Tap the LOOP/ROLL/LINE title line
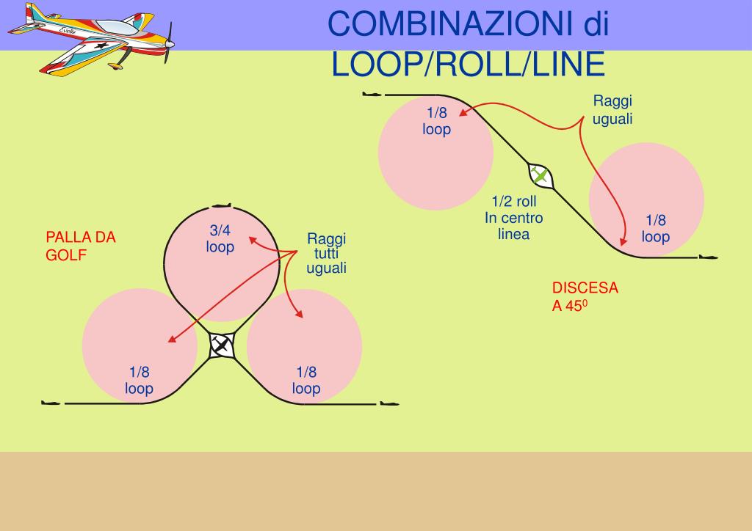point(468,65)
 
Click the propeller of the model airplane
point(170,43)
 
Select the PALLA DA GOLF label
point(81,246)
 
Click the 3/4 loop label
point(220,239)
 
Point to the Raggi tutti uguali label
point(326,253)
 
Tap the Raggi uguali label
point(612,110)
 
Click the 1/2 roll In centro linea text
point(513,218)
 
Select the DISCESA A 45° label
point(585,296)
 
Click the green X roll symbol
point(540,176)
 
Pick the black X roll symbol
point(221,345)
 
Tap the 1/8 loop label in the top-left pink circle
point(436,121)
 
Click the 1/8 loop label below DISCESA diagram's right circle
point(656,228)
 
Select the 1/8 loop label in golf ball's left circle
point(139,380)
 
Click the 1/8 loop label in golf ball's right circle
point(306,380)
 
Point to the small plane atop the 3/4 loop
point(221,206)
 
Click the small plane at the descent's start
point(372,95)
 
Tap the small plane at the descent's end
point(708,257)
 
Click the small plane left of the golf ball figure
point(51,403)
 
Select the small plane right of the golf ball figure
point(389,403)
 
